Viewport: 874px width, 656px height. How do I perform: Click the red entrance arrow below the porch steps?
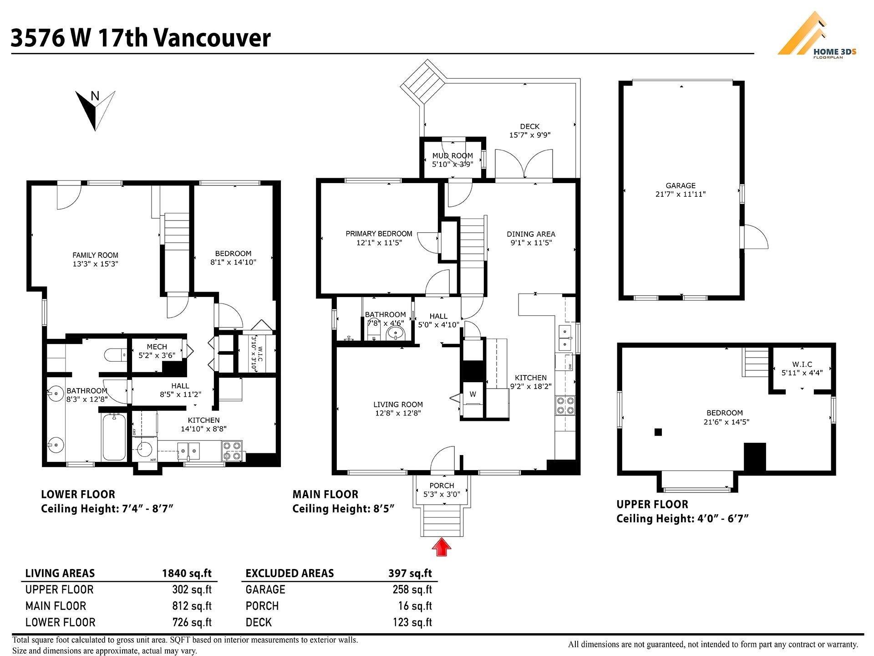click(x=441, y=547)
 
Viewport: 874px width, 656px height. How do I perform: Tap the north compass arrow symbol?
click(x=95, y=110)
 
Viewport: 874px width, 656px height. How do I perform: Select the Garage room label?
click(x=681, y=186)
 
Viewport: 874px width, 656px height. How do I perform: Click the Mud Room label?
click(x=452, y=156)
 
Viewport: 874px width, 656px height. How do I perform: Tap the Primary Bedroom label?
click(x=379, y=234)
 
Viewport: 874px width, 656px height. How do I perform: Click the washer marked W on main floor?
click(x=473, y=395)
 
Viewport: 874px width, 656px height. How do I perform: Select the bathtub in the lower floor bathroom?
click(x=114, y=437)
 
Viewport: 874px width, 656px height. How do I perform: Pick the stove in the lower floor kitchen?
click(x=232, y=450)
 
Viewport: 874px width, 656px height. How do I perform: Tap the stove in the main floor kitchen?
click(x=564, y=405)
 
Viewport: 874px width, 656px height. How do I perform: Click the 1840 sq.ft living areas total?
click(x=187, y=573)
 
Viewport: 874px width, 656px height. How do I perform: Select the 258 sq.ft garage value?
click(x=412, y=589)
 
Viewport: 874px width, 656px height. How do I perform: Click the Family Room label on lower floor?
click(x=95, y=256)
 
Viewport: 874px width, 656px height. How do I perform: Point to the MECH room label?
click(x=157, y=347)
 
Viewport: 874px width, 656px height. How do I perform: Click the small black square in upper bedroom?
click(x=658, y=432)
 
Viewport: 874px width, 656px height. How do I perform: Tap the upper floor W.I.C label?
click(x=802, y=364)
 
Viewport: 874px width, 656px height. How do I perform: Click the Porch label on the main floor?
click(x=442, y=486)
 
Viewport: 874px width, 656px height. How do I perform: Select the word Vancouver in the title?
click(x=212, y=38)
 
